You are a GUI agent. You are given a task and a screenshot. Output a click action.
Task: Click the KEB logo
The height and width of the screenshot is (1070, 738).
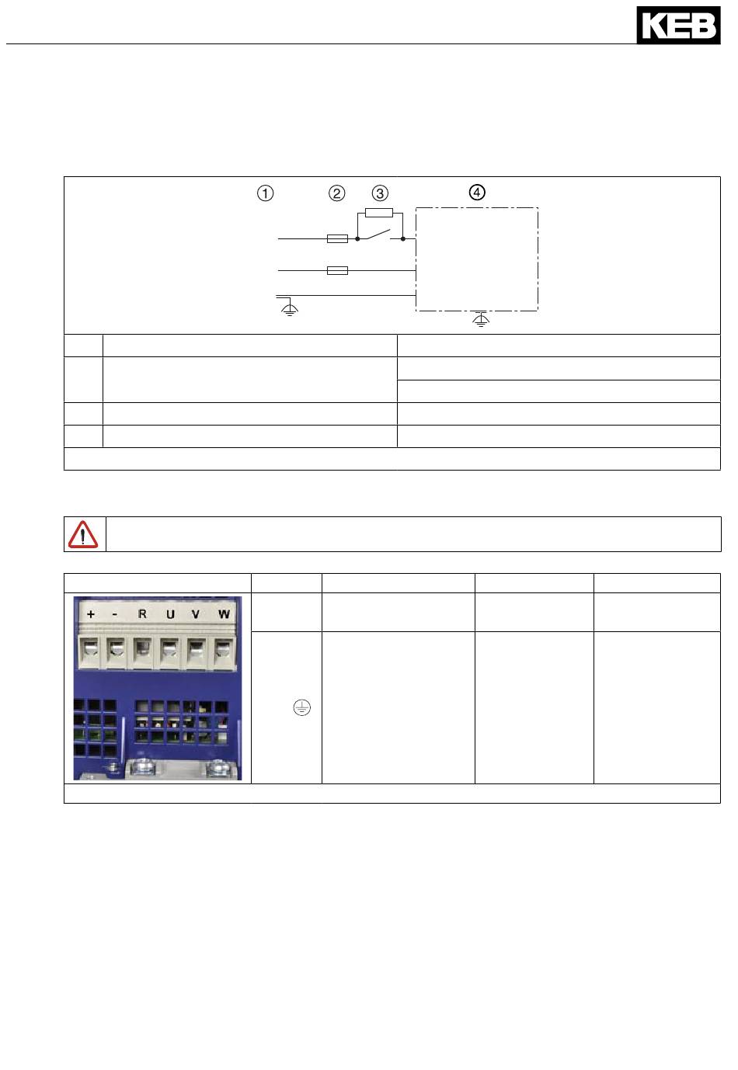678,26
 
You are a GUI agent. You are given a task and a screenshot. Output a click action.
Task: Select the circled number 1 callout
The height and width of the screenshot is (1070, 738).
265,193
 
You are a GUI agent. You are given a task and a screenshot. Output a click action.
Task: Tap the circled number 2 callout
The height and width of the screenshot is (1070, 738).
336,193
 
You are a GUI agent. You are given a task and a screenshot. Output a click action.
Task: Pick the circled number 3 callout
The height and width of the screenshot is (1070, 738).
380,193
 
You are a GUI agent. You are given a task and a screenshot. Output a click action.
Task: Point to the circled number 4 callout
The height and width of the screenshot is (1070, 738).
477,193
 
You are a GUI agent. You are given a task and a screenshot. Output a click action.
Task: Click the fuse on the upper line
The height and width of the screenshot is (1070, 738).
337,238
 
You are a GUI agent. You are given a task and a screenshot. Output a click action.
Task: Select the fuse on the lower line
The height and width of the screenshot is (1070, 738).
337,270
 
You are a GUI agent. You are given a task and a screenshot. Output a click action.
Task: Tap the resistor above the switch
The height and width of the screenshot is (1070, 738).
379,213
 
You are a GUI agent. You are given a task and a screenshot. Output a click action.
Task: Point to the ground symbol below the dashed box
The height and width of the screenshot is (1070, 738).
481,319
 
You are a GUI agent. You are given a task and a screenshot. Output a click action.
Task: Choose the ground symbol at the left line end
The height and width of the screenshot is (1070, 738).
290,307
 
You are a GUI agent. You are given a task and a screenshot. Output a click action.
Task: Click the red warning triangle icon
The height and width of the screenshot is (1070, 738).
82,534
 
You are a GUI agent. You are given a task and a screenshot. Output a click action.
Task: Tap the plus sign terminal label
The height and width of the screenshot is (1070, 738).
91,614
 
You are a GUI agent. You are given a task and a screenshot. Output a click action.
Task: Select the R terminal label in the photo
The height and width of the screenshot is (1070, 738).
142,614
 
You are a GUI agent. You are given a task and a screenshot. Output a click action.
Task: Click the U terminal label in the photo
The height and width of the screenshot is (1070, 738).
170,614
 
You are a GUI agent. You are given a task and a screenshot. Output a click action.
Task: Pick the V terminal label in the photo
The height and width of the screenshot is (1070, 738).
196,614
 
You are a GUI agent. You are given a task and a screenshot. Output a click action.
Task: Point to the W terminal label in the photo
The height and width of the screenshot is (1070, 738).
225,614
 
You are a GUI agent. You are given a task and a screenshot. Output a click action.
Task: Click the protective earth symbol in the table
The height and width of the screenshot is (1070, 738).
301,707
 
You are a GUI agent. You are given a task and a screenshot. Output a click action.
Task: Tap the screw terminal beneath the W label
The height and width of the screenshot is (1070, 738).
223,652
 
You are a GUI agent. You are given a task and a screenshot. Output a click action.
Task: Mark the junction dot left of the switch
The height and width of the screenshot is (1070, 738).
357,238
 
